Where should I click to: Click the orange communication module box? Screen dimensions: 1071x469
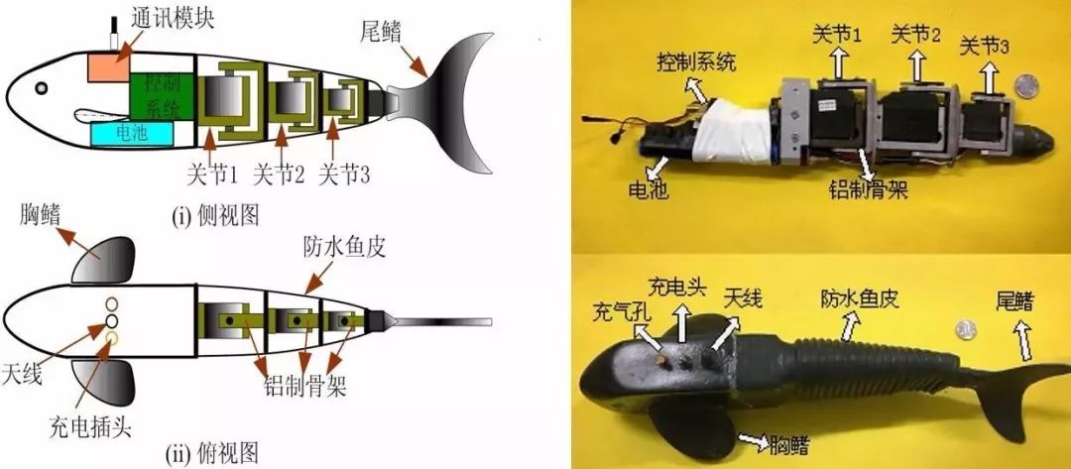tap(109, 65)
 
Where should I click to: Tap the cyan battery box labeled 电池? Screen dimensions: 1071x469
tap(131, 133)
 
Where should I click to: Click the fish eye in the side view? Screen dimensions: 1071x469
tap(42, 88)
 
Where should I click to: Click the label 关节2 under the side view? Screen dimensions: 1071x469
tap(278, 176)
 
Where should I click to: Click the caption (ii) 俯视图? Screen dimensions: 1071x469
tap(212, 451)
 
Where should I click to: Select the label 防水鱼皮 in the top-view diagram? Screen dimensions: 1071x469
tap(345, 247)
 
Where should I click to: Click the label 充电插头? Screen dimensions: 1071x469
tap(89, 428)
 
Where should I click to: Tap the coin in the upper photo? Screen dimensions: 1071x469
tap(1026, 86)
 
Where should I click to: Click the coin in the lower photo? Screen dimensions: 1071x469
tap(966, 330)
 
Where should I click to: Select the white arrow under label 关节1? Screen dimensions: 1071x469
tap(837, 62)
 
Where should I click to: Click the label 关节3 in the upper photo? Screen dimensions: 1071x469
tap(986, 48)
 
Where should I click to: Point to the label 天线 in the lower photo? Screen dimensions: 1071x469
tap(742, 297)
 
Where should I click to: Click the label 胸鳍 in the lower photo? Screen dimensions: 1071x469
tap(789, 445)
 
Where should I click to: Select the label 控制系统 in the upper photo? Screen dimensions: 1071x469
tap(697, 64)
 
